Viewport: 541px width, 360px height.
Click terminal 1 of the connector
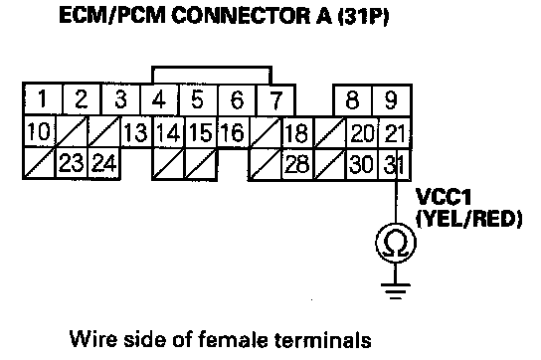(x=43, y=99)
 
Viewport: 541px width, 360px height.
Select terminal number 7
(x=276, y=100)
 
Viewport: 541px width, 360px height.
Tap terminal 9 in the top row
(x=391, y=100)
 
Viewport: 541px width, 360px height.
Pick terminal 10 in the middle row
(x=39, y=132)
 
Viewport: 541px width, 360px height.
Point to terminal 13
(x=136, y=132)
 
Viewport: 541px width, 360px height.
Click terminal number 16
(x=233, y=132)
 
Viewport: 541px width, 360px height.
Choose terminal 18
(x=296, y=133)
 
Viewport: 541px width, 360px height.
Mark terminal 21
(x=395, y=133)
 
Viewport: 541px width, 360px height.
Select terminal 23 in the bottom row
(x=72, y=163)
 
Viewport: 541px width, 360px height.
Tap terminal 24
(x=103, y=163)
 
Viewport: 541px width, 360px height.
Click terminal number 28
(x=296, y=164)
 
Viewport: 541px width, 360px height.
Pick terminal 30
(x=362, y=164)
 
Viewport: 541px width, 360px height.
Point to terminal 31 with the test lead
(x=395, y=164)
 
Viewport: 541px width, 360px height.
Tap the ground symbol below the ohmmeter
(x=396, y=291)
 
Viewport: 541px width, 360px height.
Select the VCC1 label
(x=444, y=197)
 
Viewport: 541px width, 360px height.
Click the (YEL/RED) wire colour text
(x=469, y=219)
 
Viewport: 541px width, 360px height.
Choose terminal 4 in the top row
(x=159, y=100)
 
